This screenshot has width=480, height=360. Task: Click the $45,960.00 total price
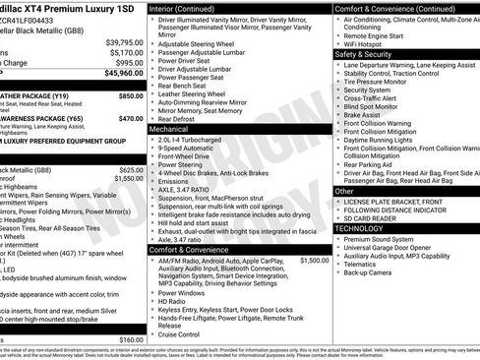click(123, 73)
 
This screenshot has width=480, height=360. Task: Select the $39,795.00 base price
click(124, 42)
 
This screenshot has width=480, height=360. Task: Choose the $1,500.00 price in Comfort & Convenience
click(314, 261)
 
